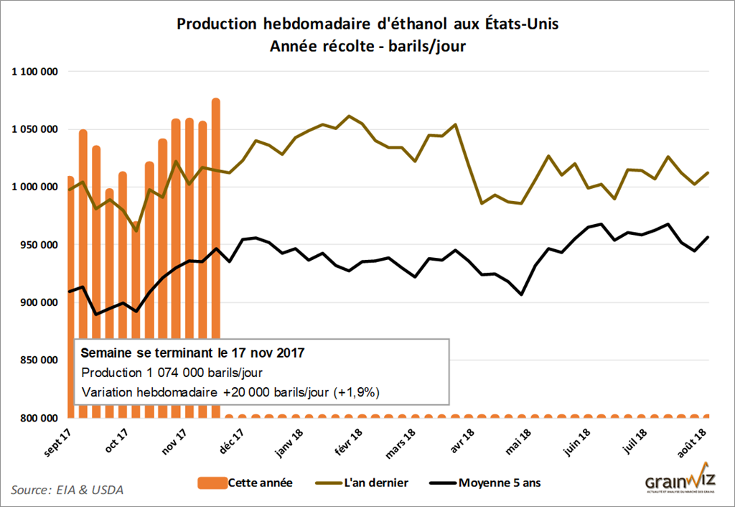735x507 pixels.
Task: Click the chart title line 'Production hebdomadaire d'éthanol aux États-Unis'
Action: (367, 24)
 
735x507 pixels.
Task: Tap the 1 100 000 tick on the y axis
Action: (34, 72)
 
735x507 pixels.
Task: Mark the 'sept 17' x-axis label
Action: (60, 439)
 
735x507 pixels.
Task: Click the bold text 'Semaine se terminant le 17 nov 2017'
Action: (192, 353)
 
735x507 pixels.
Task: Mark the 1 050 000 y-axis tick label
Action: (34, 129)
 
